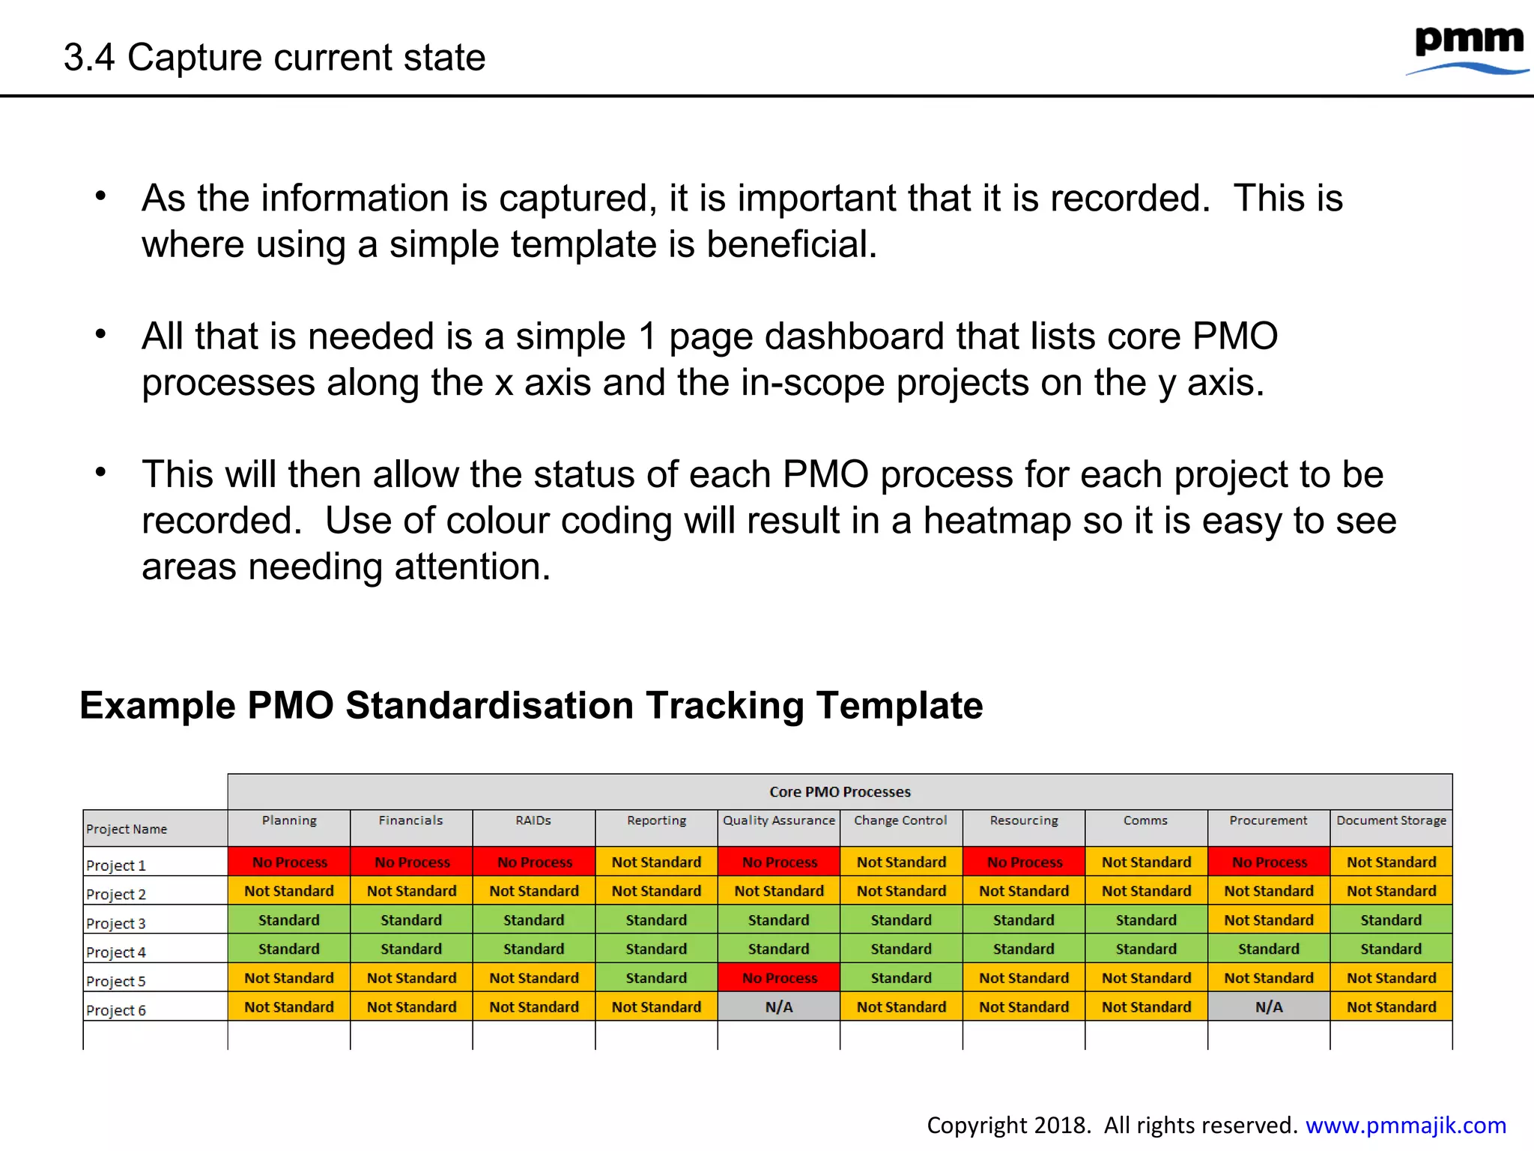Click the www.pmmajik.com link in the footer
[1405, 1125]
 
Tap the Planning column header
[289, 821]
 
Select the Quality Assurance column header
[778, 821]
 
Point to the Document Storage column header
[1391, 821]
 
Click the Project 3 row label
[116, 923]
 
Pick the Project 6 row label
[116, 1010]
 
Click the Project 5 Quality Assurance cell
[779, 978]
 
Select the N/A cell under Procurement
[1269, 1007]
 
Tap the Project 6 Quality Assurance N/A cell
[779, 1007]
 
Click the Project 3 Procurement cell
[1269, 920]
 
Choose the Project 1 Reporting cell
[656, 862]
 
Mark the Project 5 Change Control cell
[901, 978]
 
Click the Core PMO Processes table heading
[840, 792]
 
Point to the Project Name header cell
[127, 829]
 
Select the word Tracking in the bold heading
[724, 705]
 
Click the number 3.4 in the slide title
[89, 58]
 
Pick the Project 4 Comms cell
[1146, 949]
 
